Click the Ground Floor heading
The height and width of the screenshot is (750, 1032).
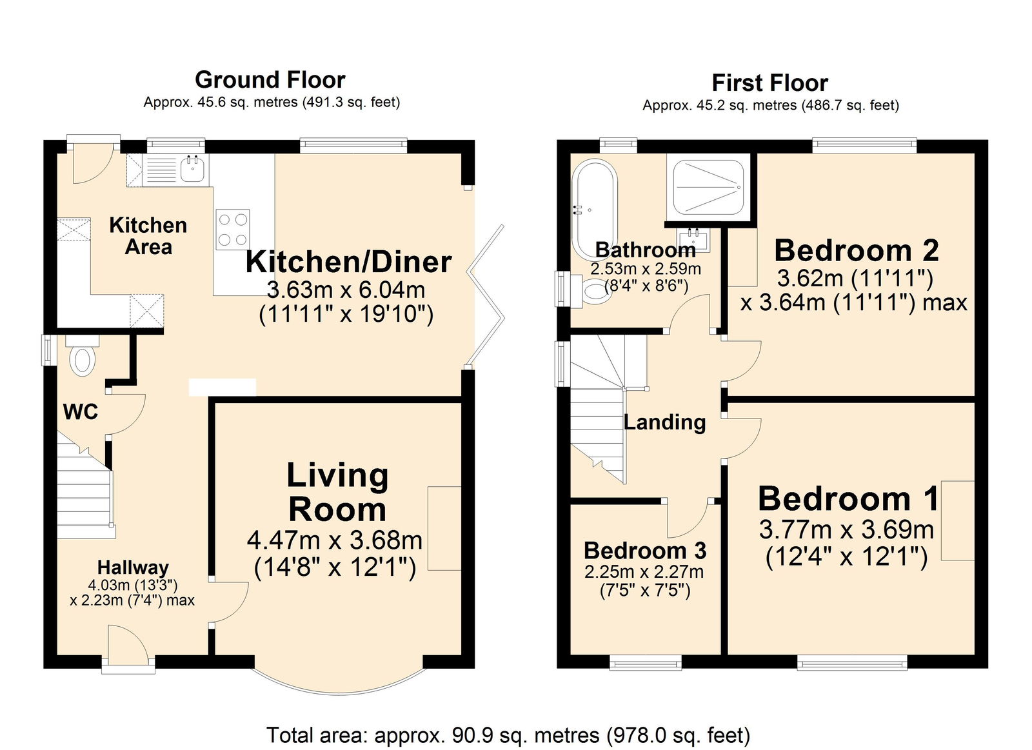click(x=270, y=80)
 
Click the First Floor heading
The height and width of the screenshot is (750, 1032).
click(x=769, y=83)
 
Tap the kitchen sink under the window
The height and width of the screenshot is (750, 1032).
click(x=192, y=170)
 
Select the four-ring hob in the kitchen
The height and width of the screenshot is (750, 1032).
click(x=233, y=229)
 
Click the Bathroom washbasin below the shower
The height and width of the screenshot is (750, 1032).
click(x=695, y=239)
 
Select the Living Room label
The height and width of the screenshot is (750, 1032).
click(x=337, y=493)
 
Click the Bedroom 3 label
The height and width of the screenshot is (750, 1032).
click(x=645, y=551)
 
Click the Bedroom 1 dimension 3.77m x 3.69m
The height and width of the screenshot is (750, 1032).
click(x=846, y=530)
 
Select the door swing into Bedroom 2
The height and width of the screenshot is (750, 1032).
click(x=742, y=361)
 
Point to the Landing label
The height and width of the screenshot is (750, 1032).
click(x=664, y=422)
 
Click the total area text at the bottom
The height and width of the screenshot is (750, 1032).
click(x=508, y=735)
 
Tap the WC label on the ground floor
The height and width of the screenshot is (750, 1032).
click(x=81, y=411)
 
